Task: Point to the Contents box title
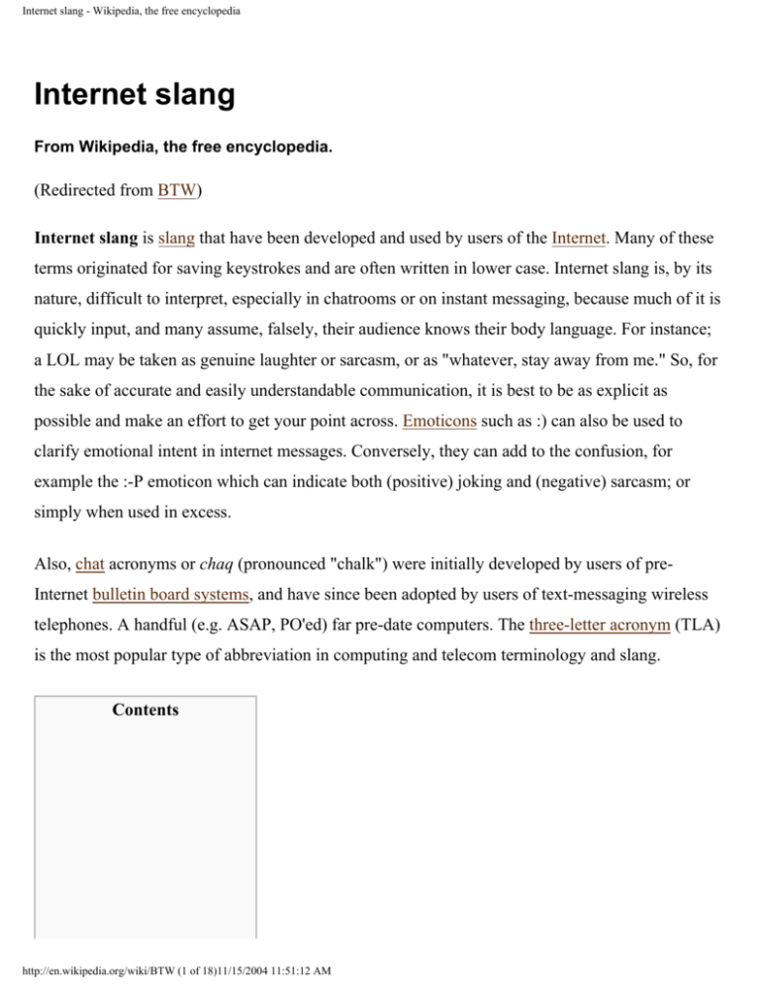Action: pos(145,710)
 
